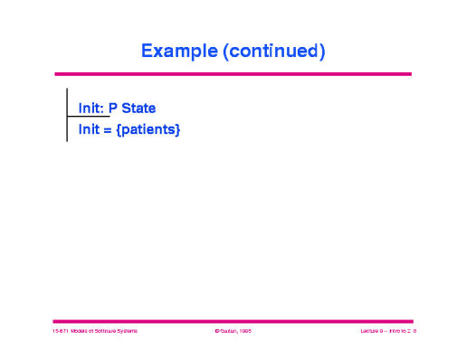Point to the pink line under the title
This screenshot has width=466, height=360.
[233, 74]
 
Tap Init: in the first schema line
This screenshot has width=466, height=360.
[90, 109]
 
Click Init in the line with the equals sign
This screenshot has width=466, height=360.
[87, 130]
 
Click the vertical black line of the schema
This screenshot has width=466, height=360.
[67, 99]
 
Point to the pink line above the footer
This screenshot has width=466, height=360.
[233, 320]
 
